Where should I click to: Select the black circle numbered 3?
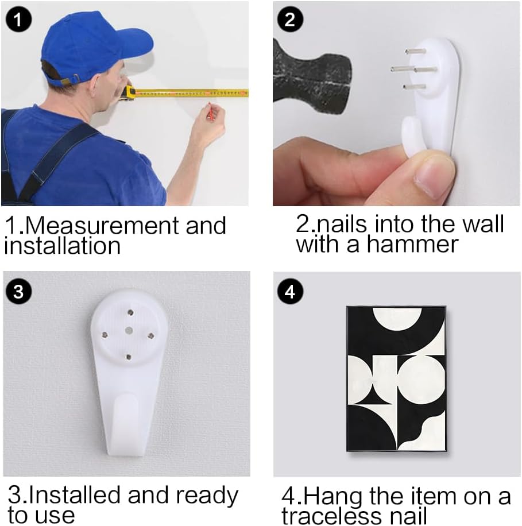click(18, 292)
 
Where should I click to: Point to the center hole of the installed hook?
click(129, 330)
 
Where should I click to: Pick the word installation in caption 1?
click(62, 246)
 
